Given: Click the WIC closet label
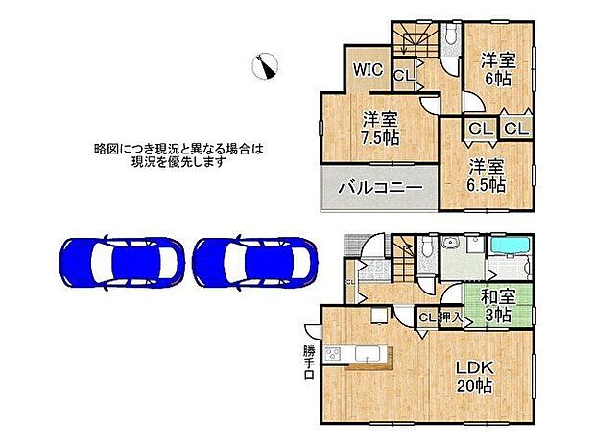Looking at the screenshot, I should [370, 70].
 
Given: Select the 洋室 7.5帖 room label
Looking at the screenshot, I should [380, 129].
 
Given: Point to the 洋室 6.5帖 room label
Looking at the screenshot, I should [487, 176].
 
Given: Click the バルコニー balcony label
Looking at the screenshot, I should [379, 188].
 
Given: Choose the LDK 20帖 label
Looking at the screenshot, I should [474, 376].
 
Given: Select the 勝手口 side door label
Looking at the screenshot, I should [308, 361].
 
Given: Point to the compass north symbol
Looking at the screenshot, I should [264, 66].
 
